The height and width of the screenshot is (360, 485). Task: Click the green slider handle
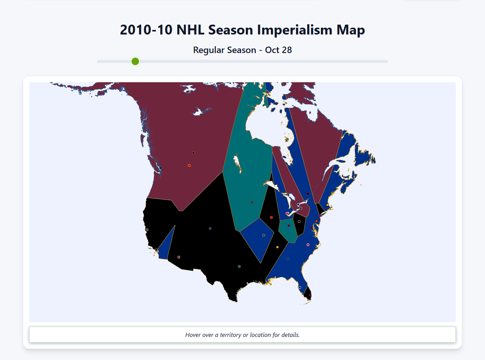point(135,61)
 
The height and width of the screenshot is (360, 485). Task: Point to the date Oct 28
point(278,50)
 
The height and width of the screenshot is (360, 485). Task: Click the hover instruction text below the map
point(242,335)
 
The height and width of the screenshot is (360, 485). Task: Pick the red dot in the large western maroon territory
point(189,165)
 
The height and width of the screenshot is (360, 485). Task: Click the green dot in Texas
point(239,266)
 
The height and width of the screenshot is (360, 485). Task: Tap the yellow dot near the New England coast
point(327,205)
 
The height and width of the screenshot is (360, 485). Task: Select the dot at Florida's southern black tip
point(310,295)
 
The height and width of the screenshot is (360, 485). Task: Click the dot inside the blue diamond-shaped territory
point(264,235)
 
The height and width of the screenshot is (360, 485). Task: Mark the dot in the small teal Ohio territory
point(289,225)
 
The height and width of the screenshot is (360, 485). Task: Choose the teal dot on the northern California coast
point(147,230)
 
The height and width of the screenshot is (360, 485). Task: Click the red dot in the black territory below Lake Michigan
point(271,218)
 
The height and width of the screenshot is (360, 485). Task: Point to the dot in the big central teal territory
point(252,202)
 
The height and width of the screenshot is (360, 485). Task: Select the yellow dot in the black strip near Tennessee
point(277,247)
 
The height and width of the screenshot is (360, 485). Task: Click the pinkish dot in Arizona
point(179,257)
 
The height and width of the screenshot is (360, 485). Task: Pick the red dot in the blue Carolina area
point(308,245)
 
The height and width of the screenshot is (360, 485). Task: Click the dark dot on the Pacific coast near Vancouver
point(160,168)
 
